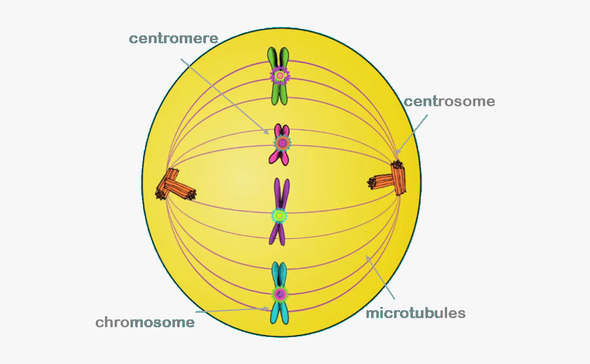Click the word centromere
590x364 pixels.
click(x=173, y=38)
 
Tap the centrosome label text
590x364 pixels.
click(x=449, y=102)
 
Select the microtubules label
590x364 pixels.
click(x=416, y=313)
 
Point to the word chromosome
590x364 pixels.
click(x=145, y=322)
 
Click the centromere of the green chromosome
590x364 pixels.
click(x=280, y=76)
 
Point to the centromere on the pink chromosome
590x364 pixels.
click(x=282, y=142)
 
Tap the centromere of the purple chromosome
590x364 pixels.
click(x=280, y=214)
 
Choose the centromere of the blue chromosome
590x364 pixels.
click(x=281, y=293)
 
